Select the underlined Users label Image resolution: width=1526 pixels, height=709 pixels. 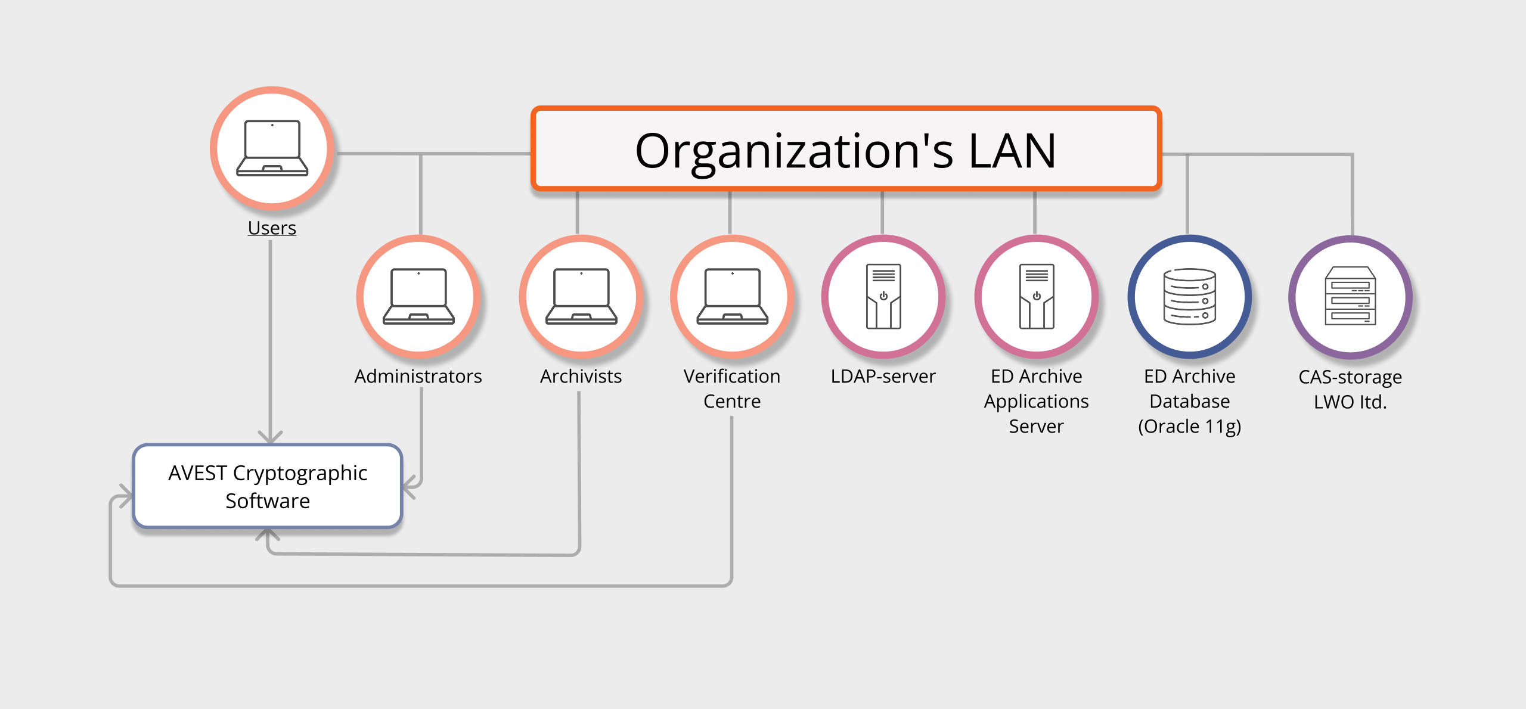pyautogui.click(x=272, y=228)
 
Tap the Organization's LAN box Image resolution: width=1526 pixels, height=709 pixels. pyautogui.click(x=846, y=150)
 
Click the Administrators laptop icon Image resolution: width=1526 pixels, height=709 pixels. pyautogui.click(x=418, y=296)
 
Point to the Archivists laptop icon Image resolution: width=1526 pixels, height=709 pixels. pyautogui.click(x=581, y=296)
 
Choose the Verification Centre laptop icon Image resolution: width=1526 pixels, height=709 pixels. pyautogui.click(x=732, y=296)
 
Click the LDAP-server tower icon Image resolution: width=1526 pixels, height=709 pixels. pyautogui.click(x=883, y=296)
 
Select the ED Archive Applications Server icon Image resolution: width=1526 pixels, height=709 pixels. pyautogui.click(x=1037, y=296)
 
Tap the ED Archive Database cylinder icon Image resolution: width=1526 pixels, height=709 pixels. pyautogui.click(x=1190, y=296)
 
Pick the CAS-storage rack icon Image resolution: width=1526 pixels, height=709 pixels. pyautogui.click(x=1350, y=296)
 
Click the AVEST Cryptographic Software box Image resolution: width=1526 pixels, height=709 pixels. pyautogui.click(x=268, y=486)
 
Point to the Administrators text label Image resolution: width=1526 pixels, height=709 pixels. pyautogui.click(x=418, y=377)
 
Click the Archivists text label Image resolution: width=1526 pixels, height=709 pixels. pyautogui.click(x=581, y=377)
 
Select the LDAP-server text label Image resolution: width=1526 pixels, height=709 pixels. pyautogui.click(x=883, y=377)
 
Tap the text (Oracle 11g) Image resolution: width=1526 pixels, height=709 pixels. pyautogui.click(x=1189, y=427)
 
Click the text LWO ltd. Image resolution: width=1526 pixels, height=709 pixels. pyautogui.click(x=1350, y=402)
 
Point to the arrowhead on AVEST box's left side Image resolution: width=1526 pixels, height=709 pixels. pyautogui.click(x=126, y=496)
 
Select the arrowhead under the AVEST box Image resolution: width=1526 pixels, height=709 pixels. pyautogui.click(x=268, y=534)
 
